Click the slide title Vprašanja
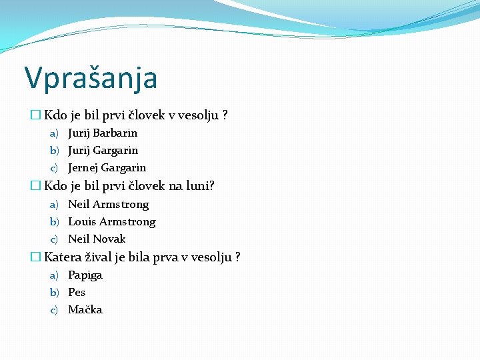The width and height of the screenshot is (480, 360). pos(91,77)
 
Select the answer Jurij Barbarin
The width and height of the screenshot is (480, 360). pos(103,133)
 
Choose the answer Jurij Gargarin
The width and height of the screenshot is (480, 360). pos(103,150)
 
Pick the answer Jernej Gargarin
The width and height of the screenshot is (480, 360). pos(107,167)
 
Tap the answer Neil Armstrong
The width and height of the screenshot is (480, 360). pos(108,204)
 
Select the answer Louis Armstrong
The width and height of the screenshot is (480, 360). pos(111,221)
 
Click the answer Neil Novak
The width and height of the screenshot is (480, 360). pos(97,239)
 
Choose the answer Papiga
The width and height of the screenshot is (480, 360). pos(85,275)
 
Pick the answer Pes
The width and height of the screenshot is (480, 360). pos(77,292)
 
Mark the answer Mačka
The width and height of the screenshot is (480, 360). pos(85,309)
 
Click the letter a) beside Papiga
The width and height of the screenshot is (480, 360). pos(54,275)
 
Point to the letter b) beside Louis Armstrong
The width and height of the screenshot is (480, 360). pos(54,221)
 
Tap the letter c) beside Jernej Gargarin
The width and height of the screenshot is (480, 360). pos(54,167)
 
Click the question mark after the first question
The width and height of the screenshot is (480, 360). pos(225,115)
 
